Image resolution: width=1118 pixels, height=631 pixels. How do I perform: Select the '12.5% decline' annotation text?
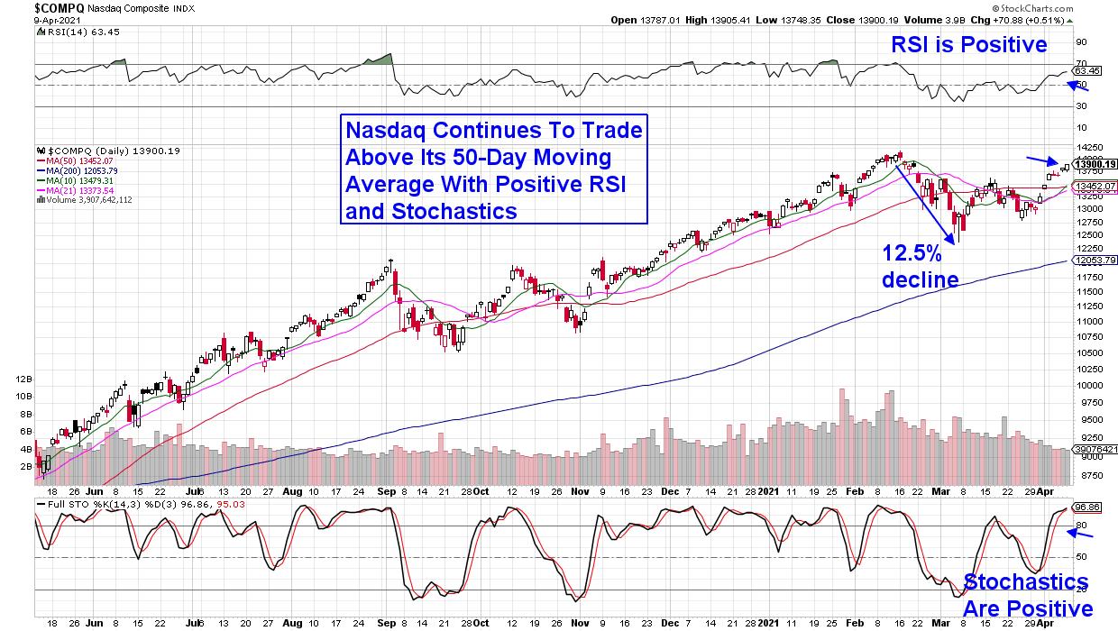[x=920, y=267]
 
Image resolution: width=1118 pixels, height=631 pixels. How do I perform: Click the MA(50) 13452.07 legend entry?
[x=76, y=160]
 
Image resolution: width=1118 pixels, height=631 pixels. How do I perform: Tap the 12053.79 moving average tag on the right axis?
[x=1093, y=261]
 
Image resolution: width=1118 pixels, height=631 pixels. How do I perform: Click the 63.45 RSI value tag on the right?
[x=1087, y=70]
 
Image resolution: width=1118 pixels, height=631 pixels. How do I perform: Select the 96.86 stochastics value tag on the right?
[x=1087, y=508]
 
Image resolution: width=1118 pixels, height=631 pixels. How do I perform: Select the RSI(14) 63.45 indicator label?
[x=68, y=29]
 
